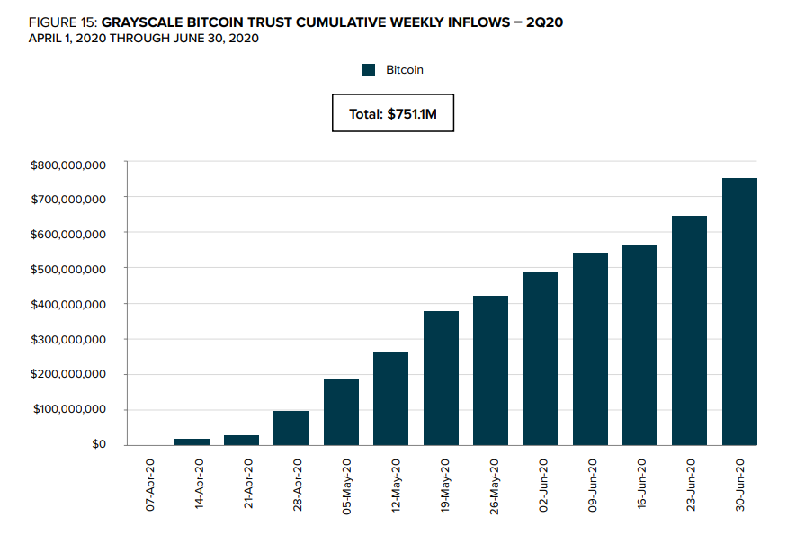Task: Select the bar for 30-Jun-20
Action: pyautogui.click(x=739, y=311)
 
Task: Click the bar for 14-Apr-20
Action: pyautogui.click(x=192, y=441)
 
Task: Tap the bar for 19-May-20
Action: pyautogui.click(x=441, y=378)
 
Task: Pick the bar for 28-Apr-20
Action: pyautogui.click(x=291, y=428)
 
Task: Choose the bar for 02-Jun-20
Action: pyautogui.click(x=540, y=358)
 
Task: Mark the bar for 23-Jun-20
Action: pyautogui.click(x=689, y=330)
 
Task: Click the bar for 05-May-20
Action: pyautogui.click(x=341, y=412)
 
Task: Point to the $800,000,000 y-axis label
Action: pyautogui.click(x=68, y=165)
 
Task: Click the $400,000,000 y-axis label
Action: pyautogui.click(x=68, y=304)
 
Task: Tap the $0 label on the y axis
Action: pyautogui.click(x=98, y=444)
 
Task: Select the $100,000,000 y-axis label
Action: pyautogui.click(x=68, y=409)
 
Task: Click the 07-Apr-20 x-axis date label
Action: pyautogui.click(x=151, y=486)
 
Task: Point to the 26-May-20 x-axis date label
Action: pyautogui.click(x=494, y=486)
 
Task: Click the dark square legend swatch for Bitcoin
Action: pyautogui.click(x=369, y=70)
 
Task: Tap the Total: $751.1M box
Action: pyautogui.click(x=393, y=113)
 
